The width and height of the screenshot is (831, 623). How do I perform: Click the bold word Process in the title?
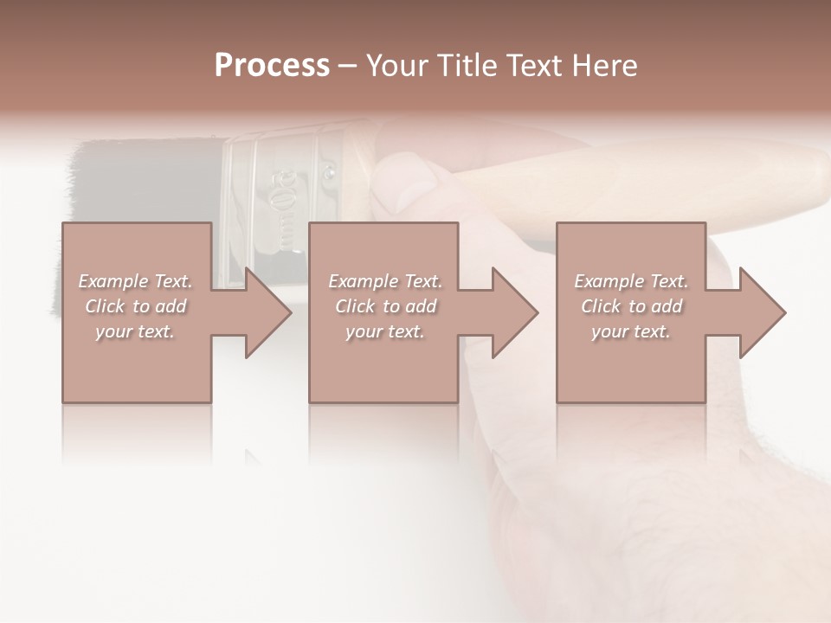[272, 66]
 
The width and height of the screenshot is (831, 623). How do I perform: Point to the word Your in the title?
[395, 66]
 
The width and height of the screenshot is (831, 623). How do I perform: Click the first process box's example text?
[135, 306]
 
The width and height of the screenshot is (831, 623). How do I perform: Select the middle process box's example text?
[384, 306]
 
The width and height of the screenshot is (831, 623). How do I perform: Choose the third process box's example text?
[630, 306]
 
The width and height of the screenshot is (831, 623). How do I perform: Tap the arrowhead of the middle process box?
[514, 312]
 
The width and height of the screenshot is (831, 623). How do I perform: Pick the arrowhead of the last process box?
[762, 312]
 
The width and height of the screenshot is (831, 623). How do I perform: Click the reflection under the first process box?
[137, 433]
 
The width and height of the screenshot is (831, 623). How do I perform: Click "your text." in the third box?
[630, 331]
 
